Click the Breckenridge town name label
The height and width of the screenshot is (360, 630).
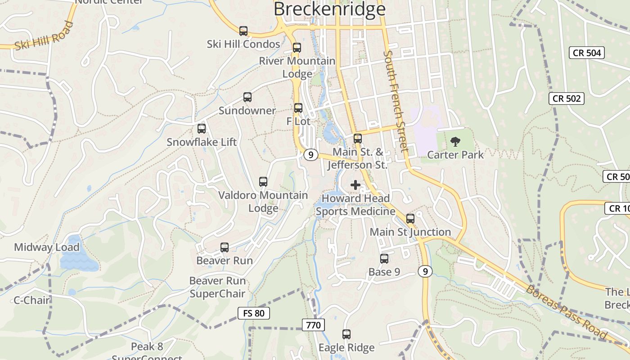(329, 9)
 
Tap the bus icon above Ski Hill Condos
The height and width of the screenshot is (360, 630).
(243, 31)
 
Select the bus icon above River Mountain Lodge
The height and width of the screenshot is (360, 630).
(297, 48)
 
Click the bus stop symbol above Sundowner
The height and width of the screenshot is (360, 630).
(247, 97)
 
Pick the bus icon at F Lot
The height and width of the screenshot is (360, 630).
(298, 108)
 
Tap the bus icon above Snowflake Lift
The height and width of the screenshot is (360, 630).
(202, 129)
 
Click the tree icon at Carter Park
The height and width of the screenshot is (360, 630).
(455, 142)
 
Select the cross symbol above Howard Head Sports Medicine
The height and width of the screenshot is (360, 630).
(355, 185)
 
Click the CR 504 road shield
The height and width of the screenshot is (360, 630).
(587, 53)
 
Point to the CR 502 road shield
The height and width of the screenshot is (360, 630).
(567, 99)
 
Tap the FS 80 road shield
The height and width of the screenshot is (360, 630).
(254, 313)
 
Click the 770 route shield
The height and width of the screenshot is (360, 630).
(313, 324)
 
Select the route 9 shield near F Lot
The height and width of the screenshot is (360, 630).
(310, 155)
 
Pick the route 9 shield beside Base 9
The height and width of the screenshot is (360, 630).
(425, 271)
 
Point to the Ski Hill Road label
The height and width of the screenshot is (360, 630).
(43, 36)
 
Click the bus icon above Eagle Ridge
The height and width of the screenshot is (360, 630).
(346, 334)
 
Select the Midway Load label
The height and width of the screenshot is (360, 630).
(47, 247)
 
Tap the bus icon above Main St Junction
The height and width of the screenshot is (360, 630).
(410, 219)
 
